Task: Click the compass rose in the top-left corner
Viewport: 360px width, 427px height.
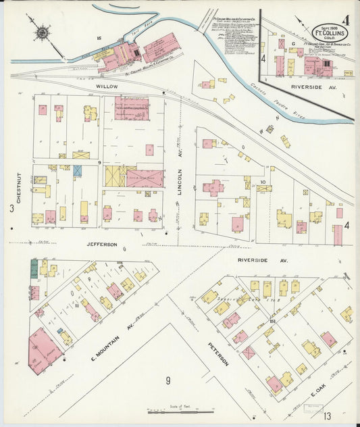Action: click(43, 31)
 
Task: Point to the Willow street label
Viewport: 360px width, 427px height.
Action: click(107, 87)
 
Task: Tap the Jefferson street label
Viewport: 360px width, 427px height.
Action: click(102, 244)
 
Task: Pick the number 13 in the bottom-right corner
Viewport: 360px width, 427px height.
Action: click(346, 416)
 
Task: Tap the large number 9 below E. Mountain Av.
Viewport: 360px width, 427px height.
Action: click(168, 380)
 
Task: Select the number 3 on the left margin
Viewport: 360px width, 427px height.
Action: click(11, 209)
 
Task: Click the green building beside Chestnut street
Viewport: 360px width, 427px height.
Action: click(34, 269)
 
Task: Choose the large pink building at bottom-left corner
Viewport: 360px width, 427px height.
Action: click(44, 350)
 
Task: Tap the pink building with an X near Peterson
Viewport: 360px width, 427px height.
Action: click(249, 352)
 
